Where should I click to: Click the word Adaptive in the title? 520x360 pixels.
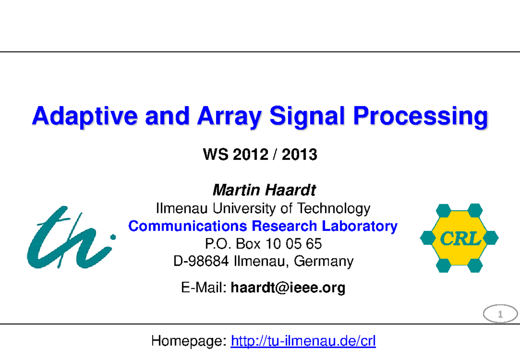[x=85, y=117]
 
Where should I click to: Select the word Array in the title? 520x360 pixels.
[x=230, y=117]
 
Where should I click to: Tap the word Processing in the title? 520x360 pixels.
[x=421, y=117]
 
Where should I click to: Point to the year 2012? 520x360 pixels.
[x=250, y=154]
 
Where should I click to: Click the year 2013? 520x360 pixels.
[x=299, y=154]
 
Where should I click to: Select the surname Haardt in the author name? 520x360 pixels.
[x=290, y=190]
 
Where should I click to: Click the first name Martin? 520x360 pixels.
[x=236, y=190]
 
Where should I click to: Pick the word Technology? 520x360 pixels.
[x=334, y=208]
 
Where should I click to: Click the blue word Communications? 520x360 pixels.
[x=188, y=226]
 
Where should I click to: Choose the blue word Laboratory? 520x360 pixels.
[x=360, y=226]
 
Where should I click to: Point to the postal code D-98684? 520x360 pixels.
[x=201, y=261]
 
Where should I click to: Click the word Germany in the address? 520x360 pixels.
[x=324, y=262]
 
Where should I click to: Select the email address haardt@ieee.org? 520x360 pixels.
[x=288, y=288]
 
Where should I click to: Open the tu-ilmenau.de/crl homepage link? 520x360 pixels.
[x=303, y=341]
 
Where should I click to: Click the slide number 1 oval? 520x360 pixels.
[x=500, y=305]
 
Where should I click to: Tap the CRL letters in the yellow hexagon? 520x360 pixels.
[x=460, y=238]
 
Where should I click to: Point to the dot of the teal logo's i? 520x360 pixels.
[x=113, y=237]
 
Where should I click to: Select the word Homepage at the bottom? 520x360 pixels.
[x=189, y=341]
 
